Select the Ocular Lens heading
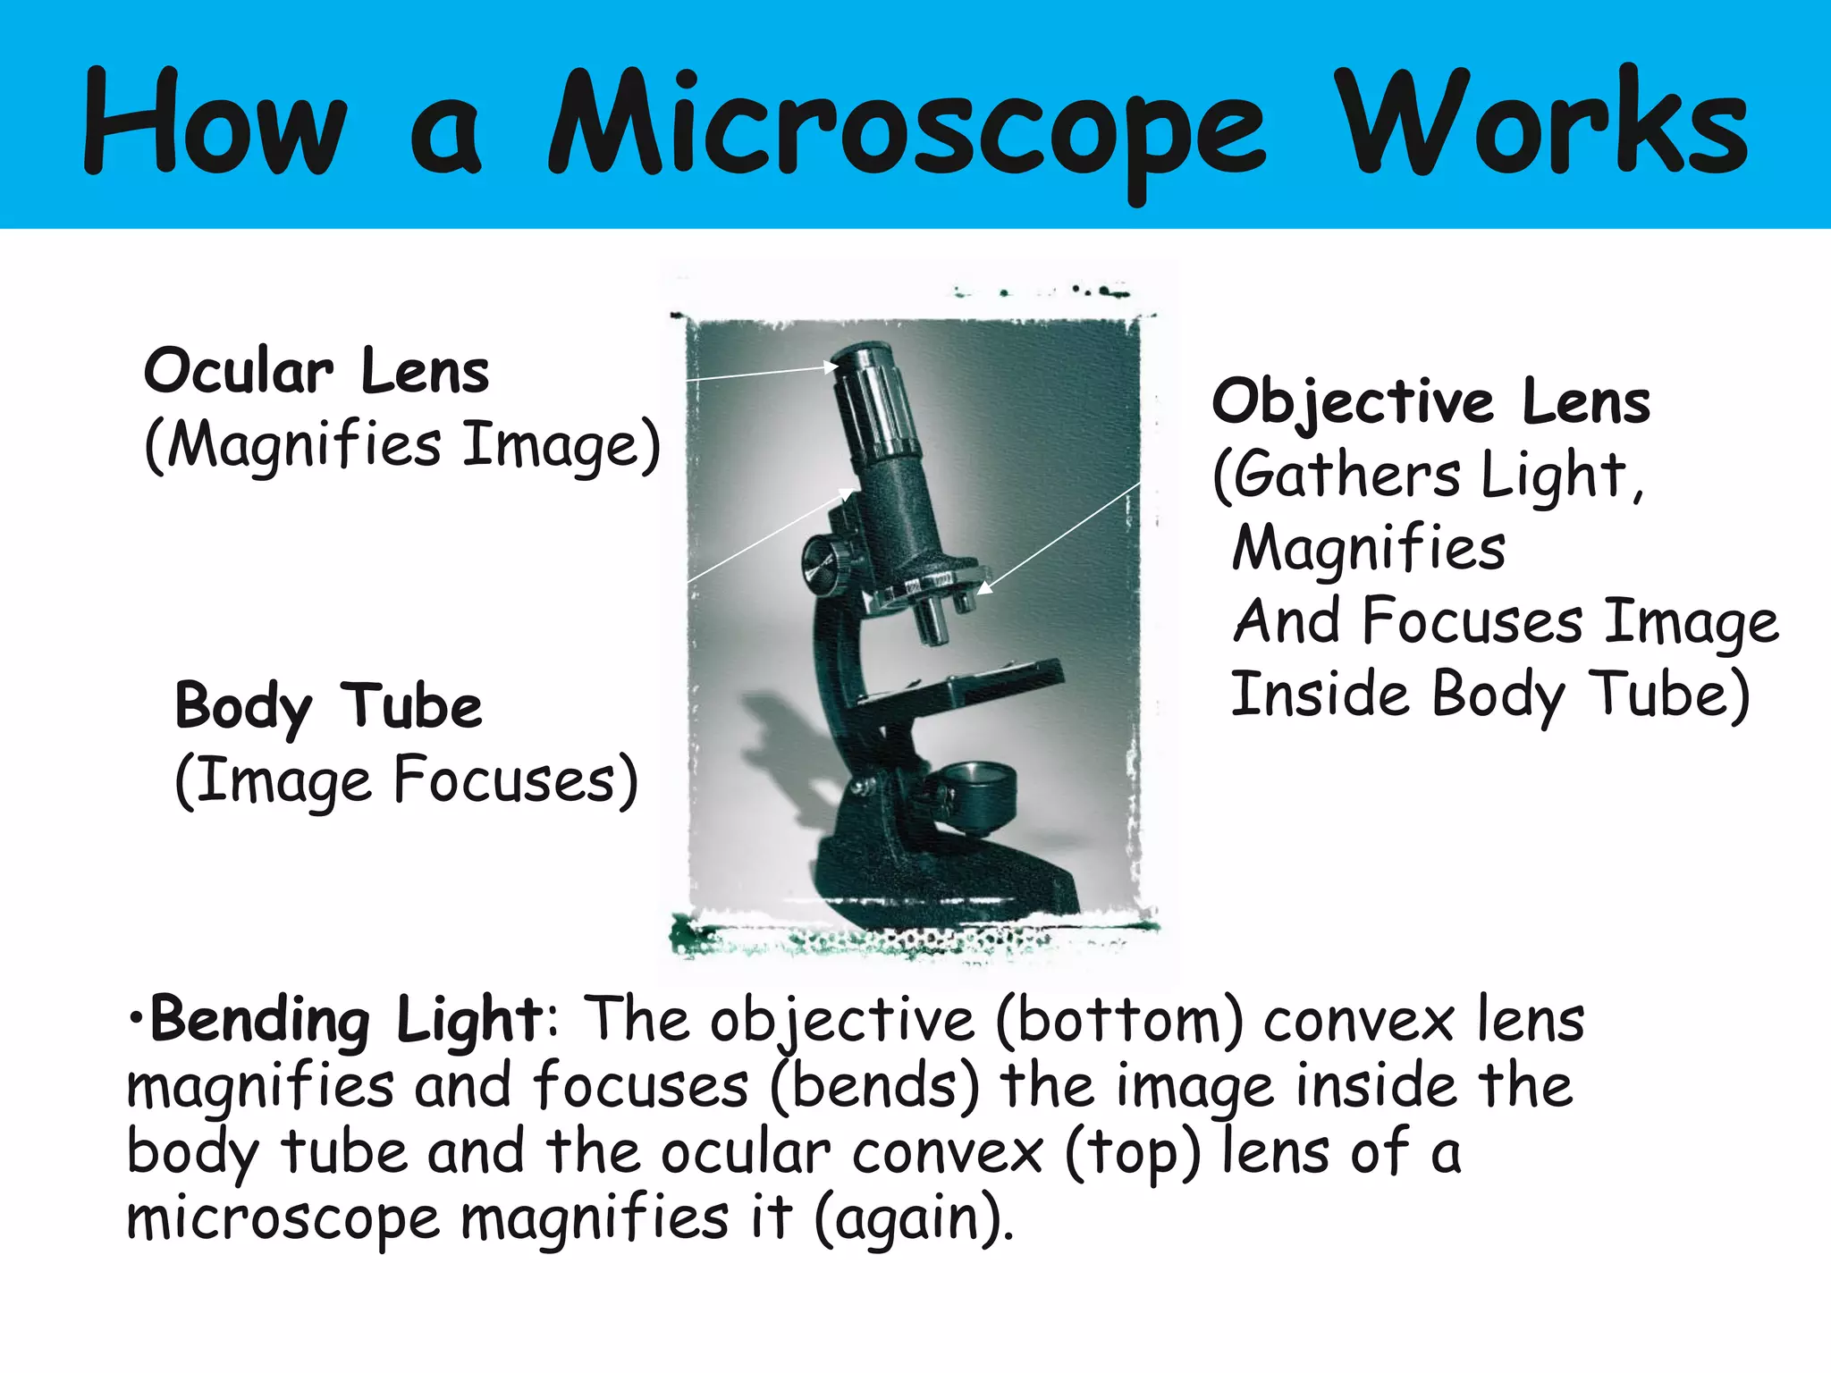[x=316, y=371]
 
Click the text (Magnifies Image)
[x=402, y=445]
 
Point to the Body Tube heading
[x=328, y=706]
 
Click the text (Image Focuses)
[x=407, y=780]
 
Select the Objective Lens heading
[x=1430, y=401]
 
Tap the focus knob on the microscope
[x=823, y=565]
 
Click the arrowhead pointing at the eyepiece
[x=831, y=366]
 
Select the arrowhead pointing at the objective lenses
[x=984, y=587]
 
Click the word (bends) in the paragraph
[x=873, y=1086]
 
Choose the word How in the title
[x=215, y=125]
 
